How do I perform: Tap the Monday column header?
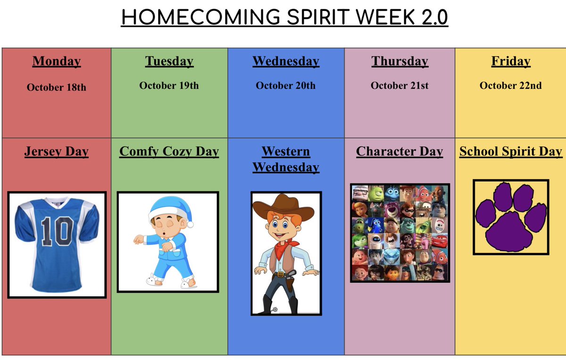point(57,61)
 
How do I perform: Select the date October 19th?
point(169,85)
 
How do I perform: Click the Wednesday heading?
point(286,61)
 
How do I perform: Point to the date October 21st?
point(400,85)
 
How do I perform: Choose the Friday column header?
point(511,61)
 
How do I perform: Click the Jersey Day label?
point(57,152)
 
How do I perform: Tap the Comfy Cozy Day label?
point(169,152)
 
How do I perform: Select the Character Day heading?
point(400,152)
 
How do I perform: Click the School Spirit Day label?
point(511,152)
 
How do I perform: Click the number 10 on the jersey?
point(57,231)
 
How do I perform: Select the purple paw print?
point(511,217)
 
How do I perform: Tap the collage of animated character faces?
point(400,233)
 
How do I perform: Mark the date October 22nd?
point(511,85)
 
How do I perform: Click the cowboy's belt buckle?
point(281,274)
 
